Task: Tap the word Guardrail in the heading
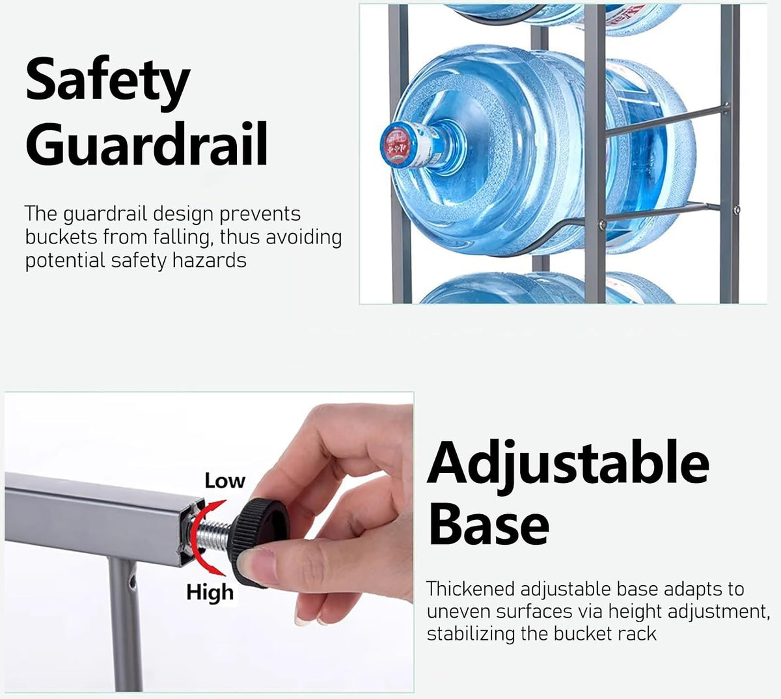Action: tap(146, 143)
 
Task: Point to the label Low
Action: tap(225, 481)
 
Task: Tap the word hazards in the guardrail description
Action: tap(209, 260)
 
